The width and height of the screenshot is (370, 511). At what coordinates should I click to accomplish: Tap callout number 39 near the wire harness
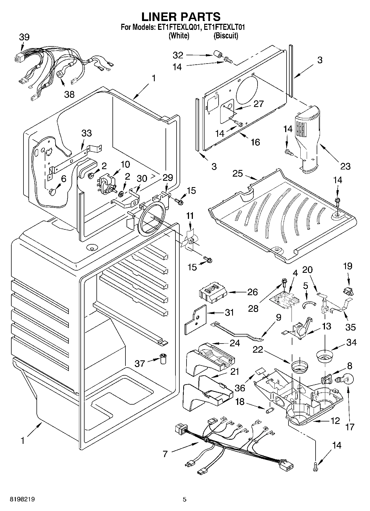point(24,37)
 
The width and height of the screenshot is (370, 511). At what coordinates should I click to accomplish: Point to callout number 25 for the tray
point(238,174)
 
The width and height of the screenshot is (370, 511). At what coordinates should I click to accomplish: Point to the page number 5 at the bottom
point(185,499)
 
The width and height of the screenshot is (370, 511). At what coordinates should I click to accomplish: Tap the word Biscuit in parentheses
point(226,36)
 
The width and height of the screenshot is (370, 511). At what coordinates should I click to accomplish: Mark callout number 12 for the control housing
point(335,421)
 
